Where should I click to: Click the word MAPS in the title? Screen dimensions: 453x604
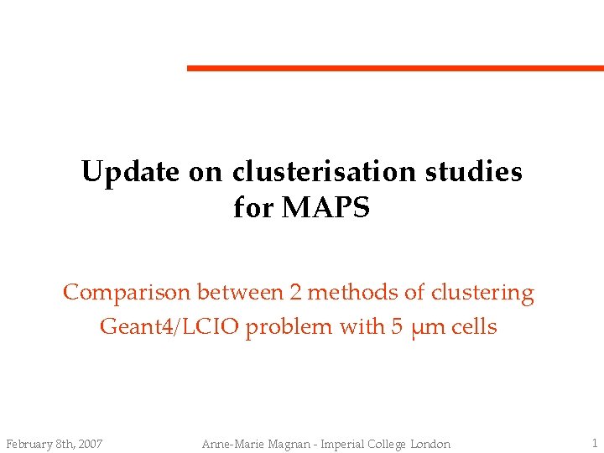tap(326, 208)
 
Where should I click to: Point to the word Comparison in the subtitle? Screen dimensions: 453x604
tap(128, 293)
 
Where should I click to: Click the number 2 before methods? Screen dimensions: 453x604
tap(294, 293)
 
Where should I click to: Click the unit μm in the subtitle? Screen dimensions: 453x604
tap(427, 327)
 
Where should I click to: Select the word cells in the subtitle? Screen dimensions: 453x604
tap(474, 326)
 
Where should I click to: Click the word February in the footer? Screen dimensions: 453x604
tap(29, 444)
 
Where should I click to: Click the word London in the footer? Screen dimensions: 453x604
tap(430, 444)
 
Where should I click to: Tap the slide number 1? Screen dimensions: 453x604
tap(593, 443)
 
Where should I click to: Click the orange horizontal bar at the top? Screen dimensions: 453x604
tap(394, 68)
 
